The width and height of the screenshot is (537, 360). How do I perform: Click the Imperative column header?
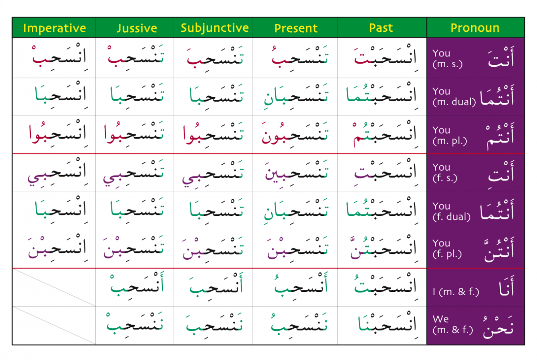[x=54, y=28]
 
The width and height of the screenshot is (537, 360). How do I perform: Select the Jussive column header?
[x=136, y=28]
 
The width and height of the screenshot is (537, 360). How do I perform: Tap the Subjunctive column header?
[x=214, y=28]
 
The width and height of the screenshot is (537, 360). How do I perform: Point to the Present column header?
[x=295, y=28]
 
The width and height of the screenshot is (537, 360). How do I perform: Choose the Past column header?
[x=381, y=28]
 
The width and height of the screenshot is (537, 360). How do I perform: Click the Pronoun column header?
[x=475, y=28]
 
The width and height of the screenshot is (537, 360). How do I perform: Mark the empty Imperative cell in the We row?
[x=54, y=326]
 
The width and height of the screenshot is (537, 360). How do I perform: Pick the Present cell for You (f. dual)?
[x=295, y=211]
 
